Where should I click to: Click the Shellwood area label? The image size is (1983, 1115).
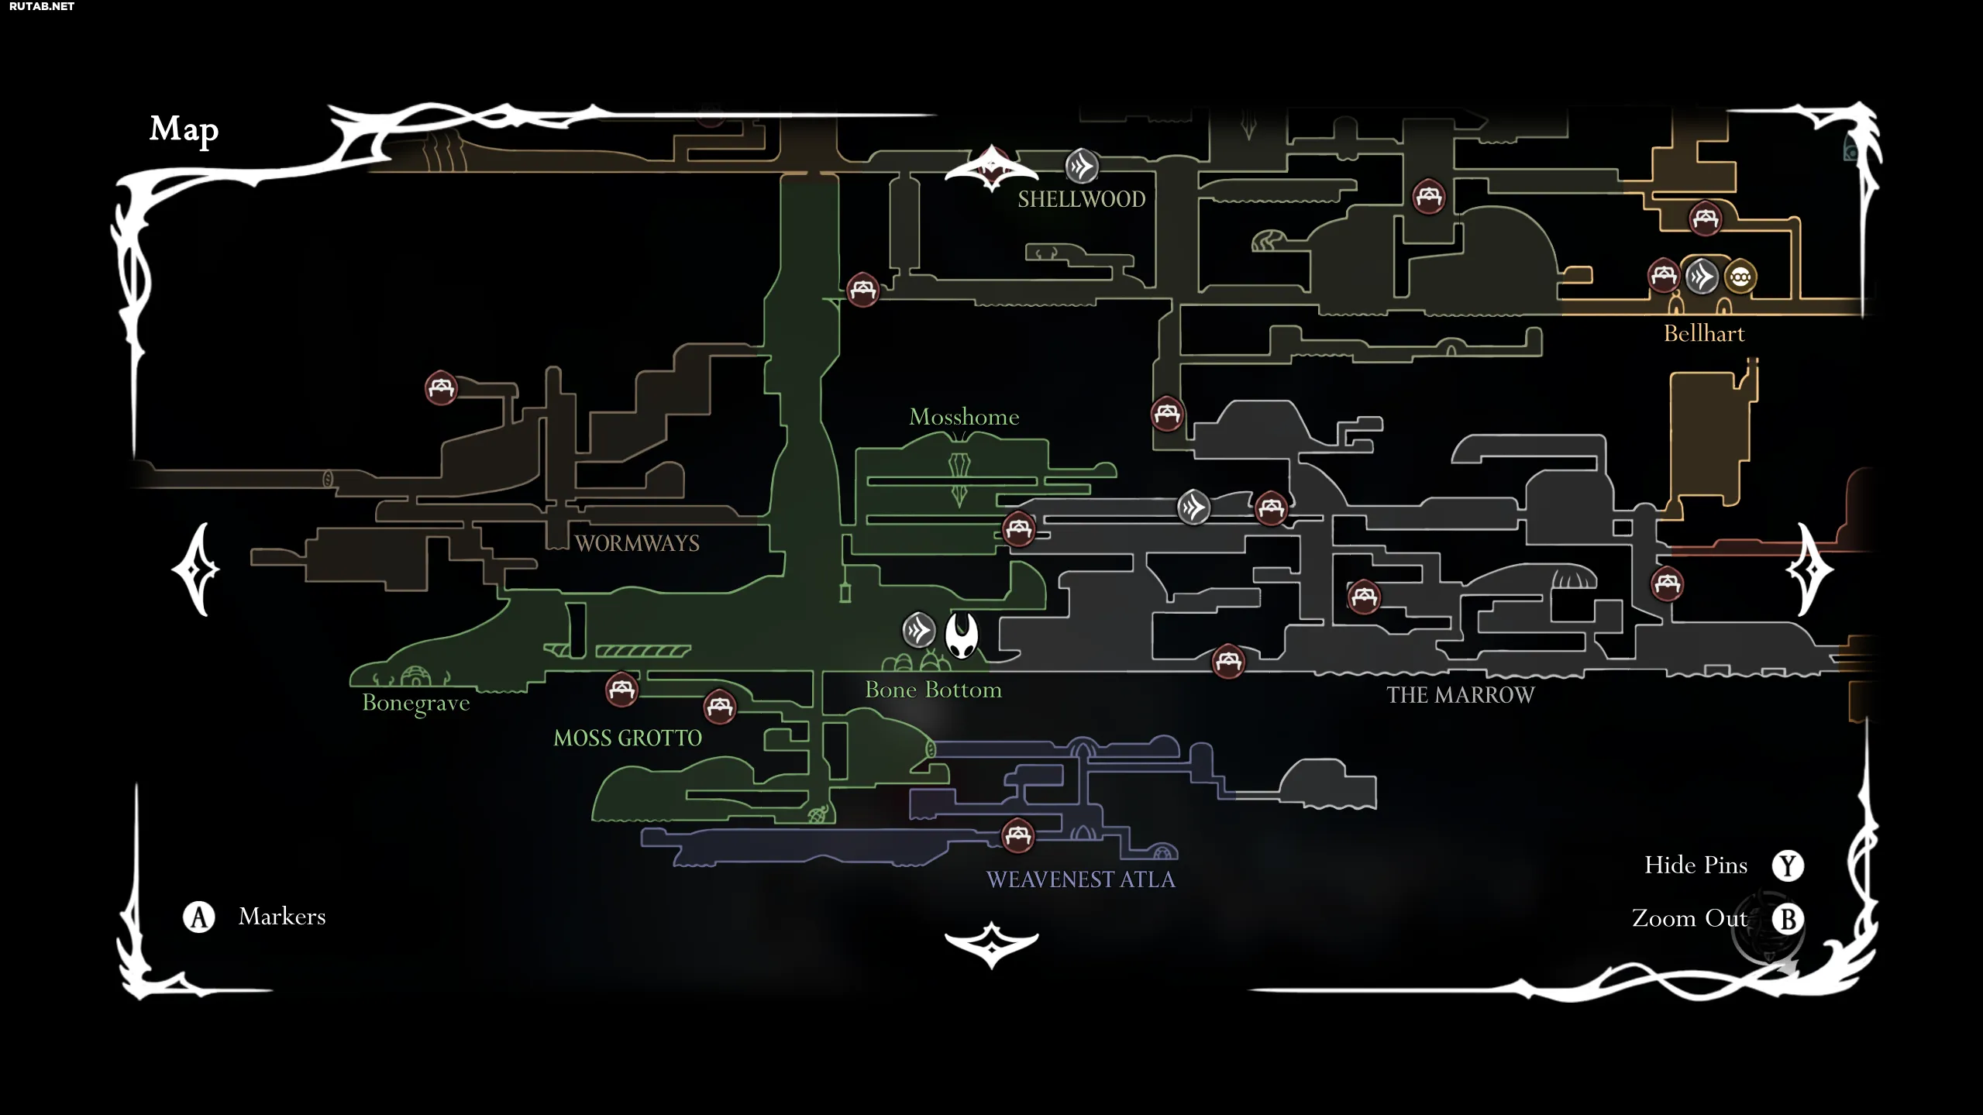pyautogui.click(x=1081, y=199)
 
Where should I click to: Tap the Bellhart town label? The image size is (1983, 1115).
pyautogui.click(x=1704, y=333)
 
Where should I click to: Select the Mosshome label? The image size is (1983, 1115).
pyautogui.click(x=964, y=417)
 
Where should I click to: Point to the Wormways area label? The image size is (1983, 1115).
pyautogui.click(x=637, y=543)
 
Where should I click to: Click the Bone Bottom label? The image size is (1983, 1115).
pyautogui.click(x=933, y=690)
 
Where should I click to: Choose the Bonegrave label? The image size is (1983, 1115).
pyautogui.click(x=416, y=704)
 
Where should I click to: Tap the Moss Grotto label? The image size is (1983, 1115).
pyautogui.click(x=628, y=738)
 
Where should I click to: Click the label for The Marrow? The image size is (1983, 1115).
pyautogui.click(x=1460, y=695)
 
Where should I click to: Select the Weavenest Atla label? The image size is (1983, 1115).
pyautogui.click(x=1080, y=879)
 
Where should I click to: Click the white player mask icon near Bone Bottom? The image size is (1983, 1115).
pyautogui.click(x=962, y=635)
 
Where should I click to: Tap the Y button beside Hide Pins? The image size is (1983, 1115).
pyautogui.click(x=1788, y=866)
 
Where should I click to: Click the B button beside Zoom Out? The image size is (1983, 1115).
pyautogui.click(x=1788, y=919)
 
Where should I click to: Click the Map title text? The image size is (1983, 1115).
pyautogui.click(x=184, y=130)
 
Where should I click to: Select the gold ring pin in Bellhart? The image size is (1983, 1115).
pyautogui.click(x=1740, y=277)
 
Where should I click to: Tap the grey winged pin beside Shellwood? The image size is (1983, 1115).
pyautogui.click(x=1082, y=166)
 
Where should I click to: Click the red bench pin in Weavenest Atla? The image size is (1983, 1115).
pyautogui.click(x=1017, y=835)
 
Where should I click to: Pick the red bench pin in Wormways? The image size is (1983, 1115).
pyautogui.click(x=441, y=387)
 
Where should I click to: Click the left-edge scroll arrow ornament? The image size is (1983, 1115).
pyautogui.click(x=196, y=570)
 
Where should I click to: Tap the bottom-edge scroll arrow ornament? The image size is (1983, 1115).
pyautogui.click(x=991, y=944)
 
